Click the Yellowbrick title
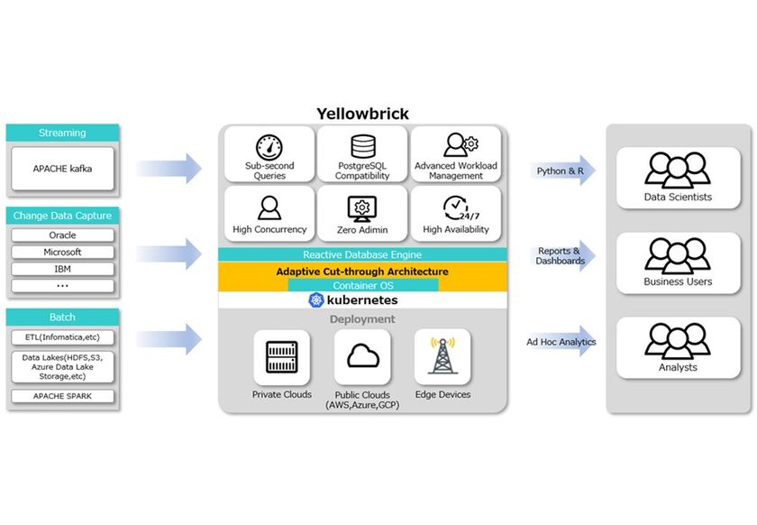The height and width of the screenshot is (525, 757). (x=362, y=114)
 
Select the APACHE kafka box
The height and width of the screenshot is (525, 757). (x=62, y=168)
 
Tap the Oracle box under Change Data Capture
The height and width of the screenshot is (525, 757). (x=62, y=235)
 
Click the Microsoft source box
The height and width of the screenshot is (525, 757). (x=62, y=252)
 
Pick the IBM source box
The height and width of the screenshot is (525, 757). (x=62, y=269)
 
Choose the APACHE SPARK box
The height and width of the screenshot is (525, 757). (x=62, y=396)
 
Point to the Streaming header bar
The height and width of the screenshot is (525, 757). (x=62, y=133)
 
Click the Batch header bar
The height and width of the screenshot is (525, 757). (x=62, y=318)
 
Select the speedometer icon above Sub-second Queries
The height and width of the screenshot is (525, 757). (x=269, y=146)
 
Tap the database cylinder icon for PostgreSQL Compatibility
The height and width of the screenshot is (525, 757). (x=362, y=146)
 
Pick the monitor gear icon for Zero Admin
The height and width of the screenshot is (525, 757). (x=362, y=207)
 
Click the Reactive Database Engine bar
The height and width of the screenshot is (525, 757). (x=362, y=255)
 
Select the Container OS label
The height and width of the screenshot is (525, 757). (x=362, y=285)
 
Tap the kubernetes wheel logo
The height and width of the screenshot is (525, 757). (x=316, y=300)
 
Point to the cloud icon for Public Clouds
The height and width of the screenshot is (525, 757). (x=362, y=355)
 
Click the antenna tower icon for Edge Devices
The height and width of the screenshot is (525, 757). (x=442, y=355)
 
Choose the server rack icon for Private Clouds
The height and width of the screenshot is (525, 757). (x=281, y=355)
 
